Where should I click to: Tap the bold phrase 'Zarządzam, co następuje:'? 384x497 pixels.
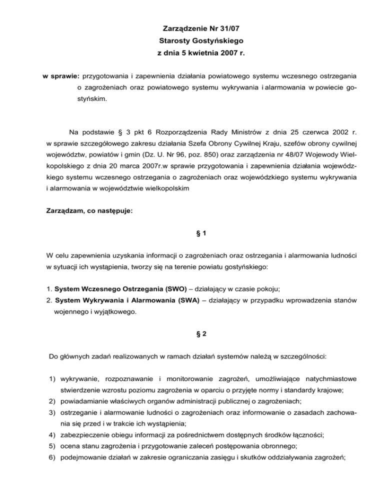coord(89,211)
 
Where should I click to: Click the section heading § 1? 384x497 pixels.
coord(192,233)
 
